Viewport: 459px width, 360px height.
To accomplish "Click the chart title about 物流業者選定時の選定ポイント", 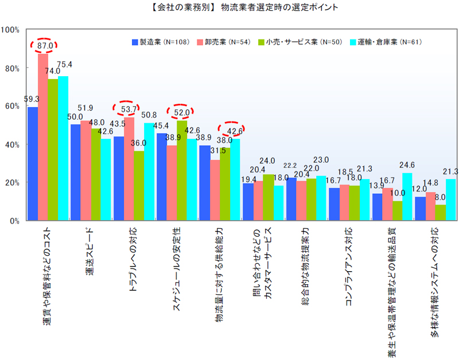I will (x=229, y=8).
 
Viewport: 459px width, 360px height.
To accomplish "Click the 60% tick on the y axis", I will (x=13, y=106).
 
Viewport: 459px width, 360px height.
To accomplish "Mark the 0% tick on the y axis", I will (x=14, y=220).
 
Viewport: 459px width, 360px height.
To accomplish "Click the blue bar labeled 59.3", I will (x=33, y=163).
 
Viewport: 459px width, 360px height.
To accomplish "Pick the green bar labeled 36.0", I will (x=139, y=185).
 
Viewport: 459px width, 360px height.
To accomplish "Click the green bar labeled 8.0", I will (x=440, y=212).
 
